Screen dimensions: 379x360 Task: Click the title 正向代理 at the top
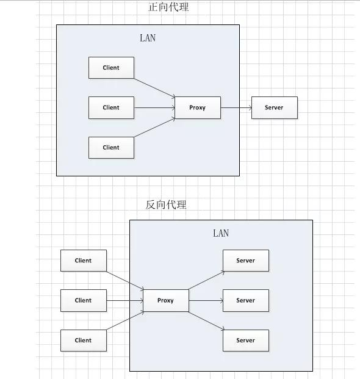pos(168,7)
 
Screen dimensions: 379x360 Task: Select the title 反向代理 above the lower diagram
pos(166,205)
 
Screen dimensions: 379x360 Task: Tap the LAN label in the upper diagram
pos(148,38)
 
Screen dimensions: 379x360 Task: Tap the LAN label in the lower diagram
pos(221,233)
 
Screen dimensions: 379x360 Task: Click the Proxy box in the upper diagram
pos(197,107)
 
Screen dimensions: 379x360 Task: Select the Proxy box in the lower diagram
pos(165,300)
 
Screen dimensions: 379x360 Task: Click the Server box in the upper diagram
pos(274,107)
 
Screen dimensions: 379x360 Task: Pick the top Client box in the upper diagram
pos(111,68)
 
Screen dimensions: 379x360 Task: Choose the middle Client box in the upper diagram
pos(111,107)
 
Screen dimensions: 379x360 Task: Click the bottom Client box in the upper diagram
pos(111,147)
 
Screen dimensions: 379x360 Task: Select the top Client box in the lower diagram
pos(84,261)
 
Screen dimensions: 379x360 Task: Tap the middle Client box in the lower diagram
pos(84,300)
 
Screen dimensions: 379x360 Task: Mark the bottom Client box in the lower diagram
pos(84,341)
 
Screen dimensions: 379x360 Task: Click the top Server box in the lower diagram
pos(245,261)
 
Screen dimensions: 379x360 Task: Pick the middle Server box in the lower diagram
pos(245,300)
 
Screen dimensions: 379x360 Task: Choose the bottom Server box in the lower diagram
pos(245,341)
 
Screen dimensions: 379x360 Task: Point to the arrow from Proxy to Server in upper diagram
pos(236,108)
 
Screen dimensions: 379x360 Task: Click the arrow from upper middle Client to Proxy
pos(154,108)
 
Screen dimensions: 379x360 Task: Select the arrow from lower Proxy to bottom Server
pos(206,321)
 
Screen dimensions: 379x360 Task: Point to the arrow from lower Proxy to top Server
pos(206,280)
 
